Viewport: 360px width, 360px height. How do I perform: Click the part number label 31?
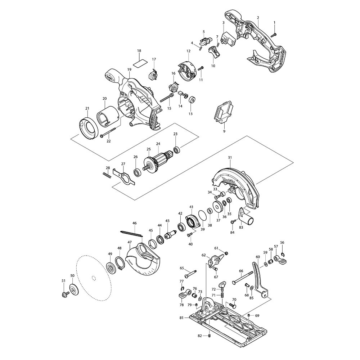[230, 157]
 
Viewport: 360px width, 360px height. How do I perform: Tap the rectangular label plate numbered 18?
[140, 62]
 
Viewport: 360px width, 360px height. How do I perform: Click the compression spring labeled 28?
[107, 175]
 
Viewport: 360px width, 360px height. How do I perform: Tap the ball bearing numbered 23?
[176, 149]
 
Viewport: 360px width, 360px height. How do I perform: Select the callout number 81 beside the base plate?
[182, 318]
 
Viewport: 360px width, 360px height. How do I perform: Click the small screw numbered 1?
[273, 35]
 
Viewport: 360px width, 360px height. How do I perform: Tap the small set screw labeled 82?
[210, 336]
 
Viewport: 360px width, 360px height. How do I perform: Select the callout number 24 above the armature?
[157, 144]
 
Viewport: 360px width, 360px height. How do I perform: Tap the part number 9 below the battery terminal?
[224, 132]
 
